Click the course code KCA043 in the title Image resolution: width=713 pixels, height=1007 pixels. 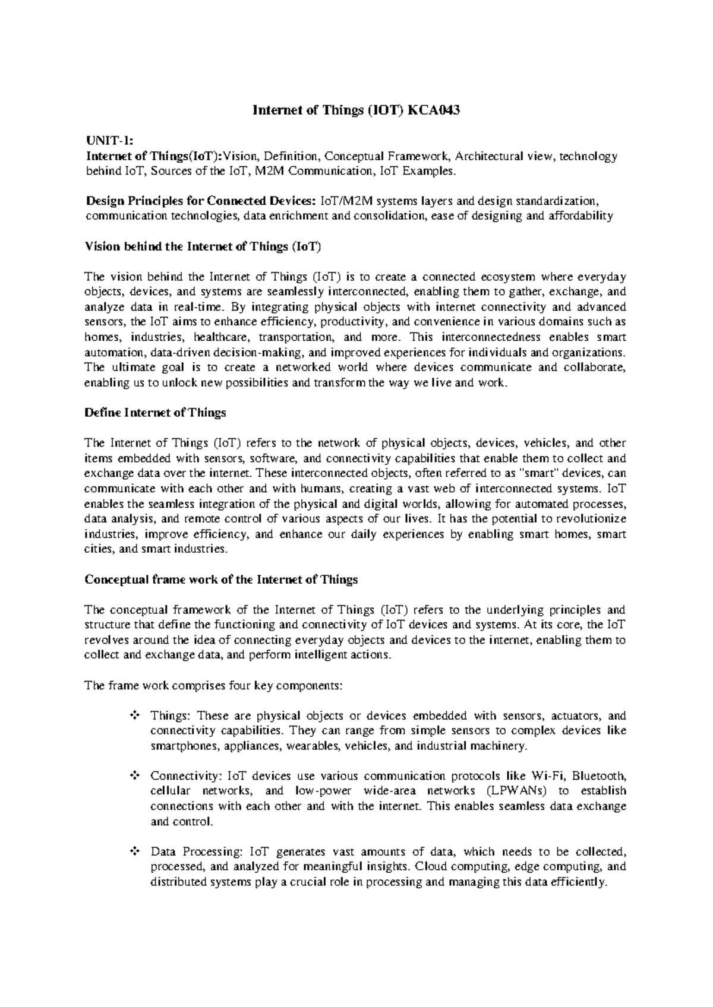click(x=433, y=110)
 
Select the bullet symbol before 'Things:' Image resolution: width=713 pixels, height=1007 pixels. click(x=134, y=716)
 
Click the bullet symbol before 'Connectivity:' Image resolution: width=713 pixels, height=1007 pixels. click(x=134, y=776)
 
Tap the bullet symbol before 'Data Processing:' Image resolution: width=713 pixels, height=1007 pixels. click(x=134, y=852)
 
